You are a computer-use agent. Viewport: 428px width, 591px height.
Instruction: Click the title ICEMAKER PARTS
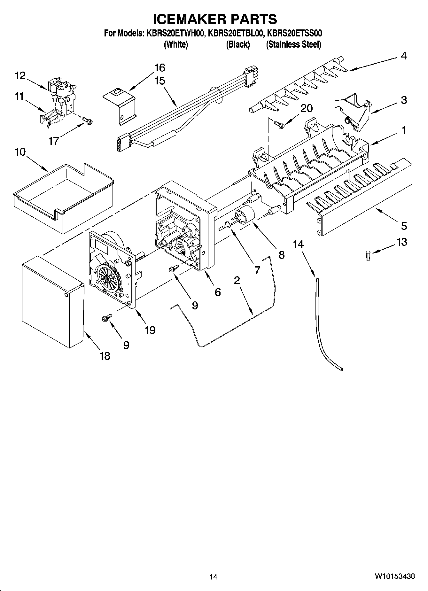tap(215, 19)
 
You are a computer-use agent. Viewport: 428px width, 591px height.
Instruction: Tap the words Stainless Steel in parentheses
tap(293, 44)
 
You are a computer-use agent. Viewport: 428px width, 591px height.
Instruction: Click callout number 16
tap(160, 68)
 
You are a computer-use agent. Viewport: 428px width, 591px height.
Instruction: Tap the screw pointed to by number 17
tap(87, 121)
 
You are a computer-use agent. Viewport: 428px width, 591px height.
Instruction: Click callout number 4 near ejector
tap(404, 56)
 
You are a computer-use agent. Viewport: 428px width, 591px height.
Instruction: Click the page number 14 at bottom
tap(213, 577)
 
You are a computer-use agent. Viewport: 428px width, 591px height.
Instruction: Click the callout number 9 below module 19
tap(126, 345)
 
